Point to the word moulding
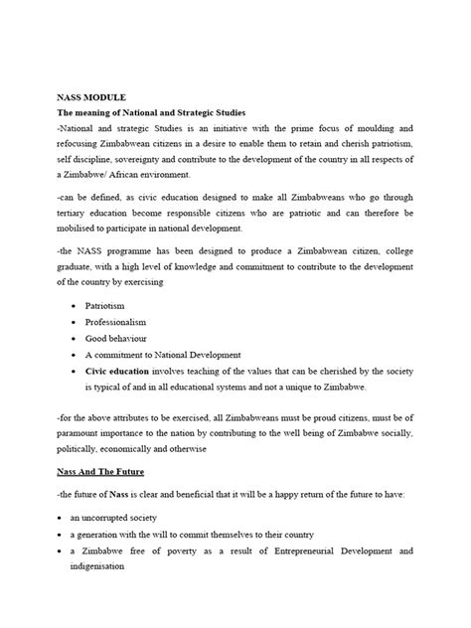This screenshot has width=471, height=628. (x=389, y=129)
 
